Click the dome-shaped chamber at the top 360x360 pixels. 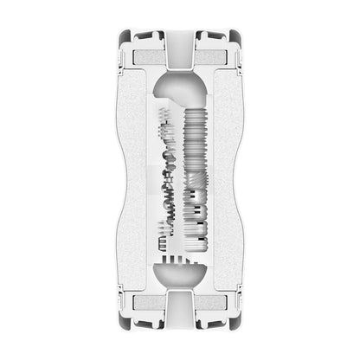click(x=180, y=90)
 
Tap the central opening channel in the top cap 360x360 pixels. click(x=180, y=48)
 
